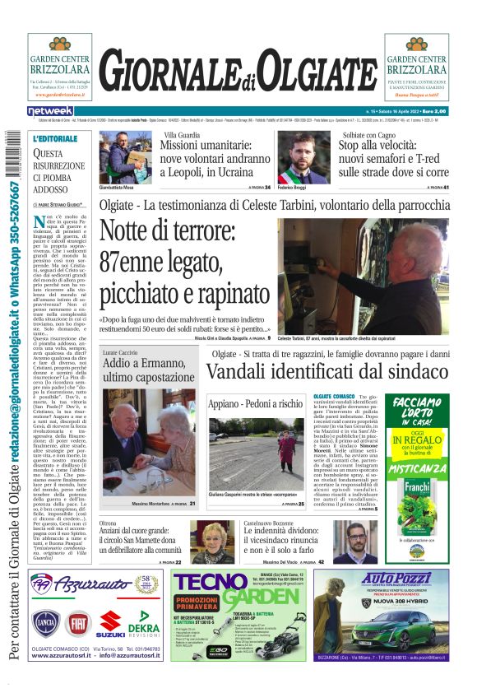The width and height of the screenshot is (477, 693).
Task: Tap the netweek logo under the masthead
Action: pyautogui.click(x=50, y=111)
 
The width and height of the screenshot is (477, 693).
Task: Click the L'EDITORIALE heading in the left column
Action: pyautogui.click(x=56, y=140)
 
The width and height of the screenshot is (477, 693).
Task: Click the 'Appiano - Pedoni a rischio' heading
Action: pyautogui.click(x=255, y=404)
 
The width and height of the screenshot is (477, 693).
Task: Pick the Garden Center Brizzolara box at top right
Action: pyautogui.click(x=417, y=67)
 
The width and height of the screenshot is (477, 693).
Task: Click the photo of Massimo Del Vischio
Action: pyautogui.click(x=356, y=540)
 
